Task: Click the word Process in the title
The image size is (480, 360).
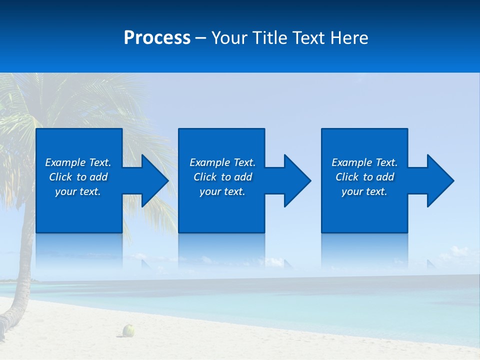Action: pyautogui.click(x=157, y=38)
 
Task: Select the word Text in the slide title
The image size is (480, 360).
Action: pyautogui.click(x=309, y=38)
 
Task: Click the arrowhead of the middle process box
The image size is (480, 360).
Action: pyautogui.click(x=296, y=180)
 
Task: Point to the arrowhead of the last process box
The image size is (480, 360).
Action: pyautogui.click(x=439, y=180)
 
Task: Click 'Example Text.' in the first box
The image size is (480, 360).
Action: pyautogui.click(x=78, y=162)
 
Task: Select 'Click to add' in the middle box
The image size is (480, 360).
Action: pyautogui.click(x=222, y=177)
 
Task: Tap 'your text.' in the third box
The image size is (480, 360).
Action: pyautogui.click(x=364, y=191)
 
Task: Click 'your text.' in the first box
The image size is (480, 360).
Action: pyautogui.click(x=78, y=191)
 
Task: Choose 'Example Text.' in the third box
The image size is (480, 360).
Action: pyautogui.click(x=364, y=162)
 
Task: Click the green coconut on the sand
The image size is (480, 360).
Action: pyautogui.click(x=129, y=330)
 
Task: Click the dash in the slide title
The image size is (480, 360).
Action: pyautogui.click(x=201, y=38)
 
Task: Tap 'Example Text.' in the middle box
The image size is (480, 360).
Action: pyautogui.click(x=222, y=162)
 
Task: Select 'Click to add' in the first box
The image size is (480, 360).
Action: pyautogui.click(x=78, y=177)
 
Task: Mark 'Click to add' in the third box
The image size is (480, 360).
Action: pyautogui.click(x=364, y=177)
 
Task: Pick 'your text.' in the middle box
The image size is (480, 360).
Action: pyautogui.click(x=222, y=191)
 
